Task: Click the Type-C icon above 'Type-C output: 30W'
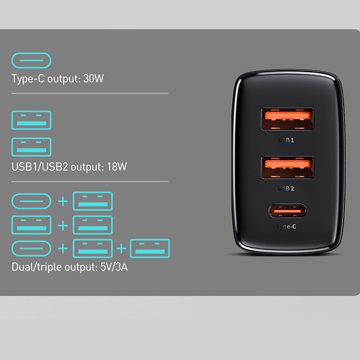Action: click(31, 60)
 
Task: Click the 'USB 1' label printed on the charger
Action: click(286, 140)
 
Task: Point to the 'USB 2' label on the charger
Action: click(286, 188)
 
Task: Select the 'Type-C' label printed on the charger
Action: click(286, 226)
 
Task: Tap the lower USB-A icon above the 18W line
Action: click(31, 147)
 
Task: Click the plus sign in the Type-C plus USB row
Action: click(62, 202)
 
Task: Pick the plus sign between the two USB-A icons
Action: click(62, 225)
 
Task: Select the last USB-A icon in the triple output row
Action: click(150, 249)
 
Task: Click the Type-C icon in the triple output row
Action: click(31, 249)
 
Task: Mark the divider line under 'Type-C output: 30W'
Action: click(90, 93)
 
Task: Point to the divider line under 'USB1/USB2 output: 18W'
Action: click(90, 181)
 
